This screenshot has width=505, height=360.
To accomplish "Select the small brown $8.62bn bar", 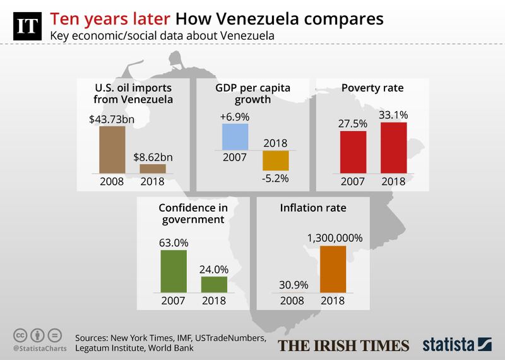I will point(153,169).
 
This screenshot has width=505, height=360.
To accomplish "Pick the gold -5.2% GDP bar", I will point(275,160).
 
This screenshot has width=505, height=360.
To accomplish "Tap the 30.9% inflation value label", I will point(291,280).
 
